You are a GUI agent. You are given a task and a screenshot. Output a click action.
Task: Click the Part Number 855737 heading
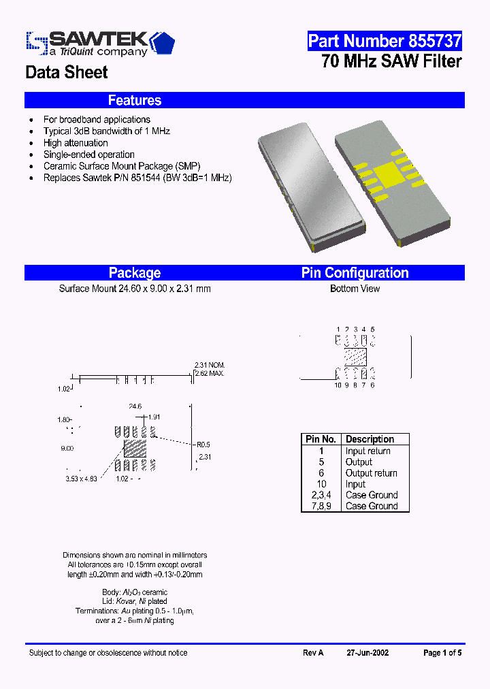tap(385, 41)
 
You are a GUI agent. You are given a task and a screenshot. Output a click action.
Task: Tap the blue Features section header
tap(135, 100)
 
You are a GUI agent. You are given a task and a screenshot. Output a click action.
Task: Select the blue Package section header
tap(135, 273)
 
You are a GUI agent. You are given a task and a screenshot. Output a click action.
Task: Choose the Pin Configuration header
tap(355, 273)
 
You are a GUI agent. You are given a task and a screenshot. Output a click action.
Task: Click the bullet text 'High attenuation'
tap(76, 143)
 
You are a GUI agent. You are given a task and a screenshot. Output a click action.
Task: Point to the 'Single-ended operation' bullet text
tap(88, 155)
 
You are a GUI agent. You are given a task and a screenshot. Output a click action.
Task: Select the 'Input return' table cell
tap(367, 451)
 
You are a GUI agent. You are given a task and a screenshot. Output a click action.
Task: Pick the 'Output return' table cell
tap(371, 473)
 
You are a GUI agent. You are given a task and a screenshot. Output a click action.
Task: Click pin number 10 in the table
tap(321, 484)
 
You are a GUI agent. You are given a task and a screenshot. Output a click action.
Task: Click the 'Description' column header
tap(370, 439)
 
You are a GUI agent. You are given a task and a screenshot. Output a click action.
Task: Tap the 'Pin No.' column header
tap(321, 439)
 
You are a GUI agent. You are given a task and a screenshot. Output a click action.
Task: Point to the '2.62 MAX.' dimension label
tap(209, 374)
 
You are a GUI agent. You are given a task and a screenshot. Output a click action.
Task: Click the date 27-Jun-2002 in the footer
tap(367, 652)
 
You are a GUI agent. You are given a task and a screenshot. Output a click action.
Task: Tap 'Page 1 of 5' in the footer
tap(442, 652)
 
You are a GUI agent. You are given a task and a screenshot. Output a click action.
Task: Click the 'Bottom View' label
tap(355, 289)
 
